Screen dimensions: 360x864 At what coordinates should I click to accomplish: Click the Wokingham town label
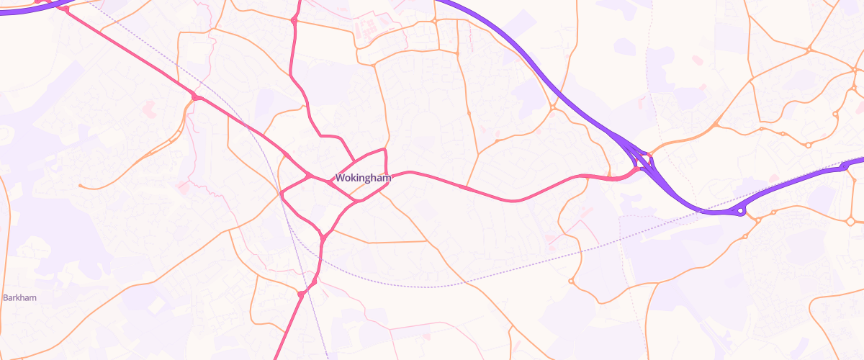363,177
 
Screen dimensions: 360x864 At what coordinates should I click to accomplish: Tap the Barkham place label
19,297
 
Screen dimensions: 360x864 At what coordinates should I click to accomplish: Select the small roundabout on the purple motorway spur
740,211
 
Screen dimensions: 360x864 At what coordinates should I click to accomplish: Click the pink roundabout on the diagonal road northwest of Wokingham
194,96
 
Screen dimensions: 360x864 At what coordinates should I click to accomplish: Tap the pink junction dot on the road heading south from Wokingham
300,294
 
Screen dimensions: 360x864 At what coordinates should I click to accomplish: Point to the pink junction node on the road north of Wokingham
294,21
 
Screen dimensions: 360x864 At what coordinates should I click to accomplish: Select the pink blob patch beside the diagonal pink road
149,108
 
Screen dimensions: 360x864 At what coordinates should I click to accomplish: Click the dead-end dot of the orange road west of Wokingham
80,186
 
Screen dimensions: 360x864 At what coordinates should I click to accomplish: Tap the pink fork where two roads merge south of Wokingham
323,236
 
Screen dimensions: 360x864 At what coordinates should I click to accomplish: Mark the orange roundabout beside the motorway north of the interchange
553,109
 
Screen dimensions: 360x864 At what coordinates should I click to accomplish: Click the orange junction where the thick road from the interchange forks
716,125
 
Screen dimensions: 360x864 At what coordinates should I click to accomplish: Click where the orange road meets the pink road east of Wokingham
467,188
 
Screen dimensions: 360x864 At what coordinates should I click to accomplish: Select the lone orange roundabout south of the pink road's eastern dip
570,281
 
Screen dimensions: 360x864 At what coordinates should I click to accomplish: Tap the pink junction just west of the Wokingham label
310,176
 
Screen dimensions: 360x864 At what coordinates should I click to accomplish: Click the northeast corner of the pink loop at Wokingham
386,150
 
